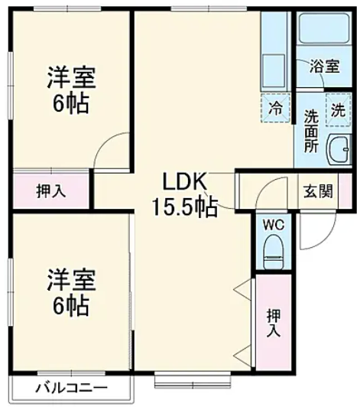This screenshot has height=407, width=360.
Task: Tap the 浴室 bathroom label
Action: pos(325,67)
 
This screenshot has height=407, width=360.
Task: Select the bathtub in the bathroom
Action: pos(324,31)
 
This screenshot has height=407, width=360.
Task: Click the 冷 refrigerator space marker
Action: pos(276,108)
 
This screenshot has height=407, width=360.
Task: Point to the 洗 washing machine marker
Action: pos(337,109)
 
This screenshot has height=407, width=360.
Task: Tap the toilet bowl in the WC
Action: pos(272,250)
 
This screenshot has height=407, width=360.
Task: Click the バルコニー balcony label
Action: pos(71,387)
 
